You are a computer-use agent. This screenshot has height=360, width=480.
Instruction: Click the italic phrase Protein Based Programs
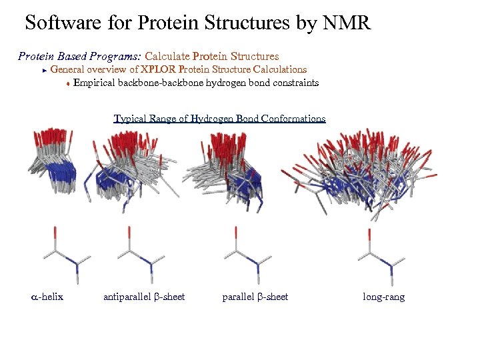point(79,56)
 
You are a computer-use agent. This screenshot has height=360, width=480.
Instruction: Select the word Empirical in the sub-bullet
point(94,83)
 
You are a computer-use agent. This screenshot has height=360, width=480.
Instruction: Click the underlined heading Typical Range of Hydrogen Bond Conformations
point(219,119)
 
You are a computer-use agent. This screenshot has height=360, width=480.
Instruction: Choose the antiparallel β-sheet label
point(144,297)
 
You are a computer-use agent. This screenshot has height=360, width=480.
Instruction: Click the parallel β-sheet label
point(255,297)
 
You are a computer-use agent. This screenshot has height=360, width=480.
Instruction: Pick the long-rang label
point(383,297)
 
